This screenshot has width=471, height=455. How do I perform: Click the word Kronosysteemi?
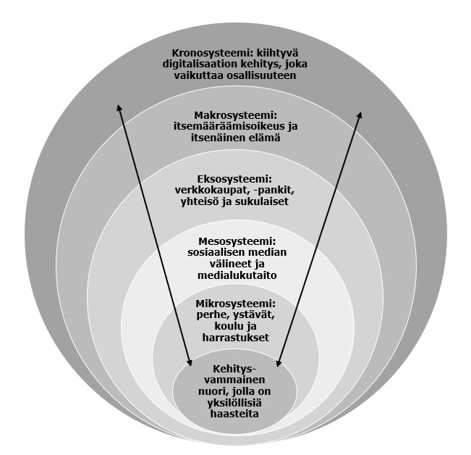205,53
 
